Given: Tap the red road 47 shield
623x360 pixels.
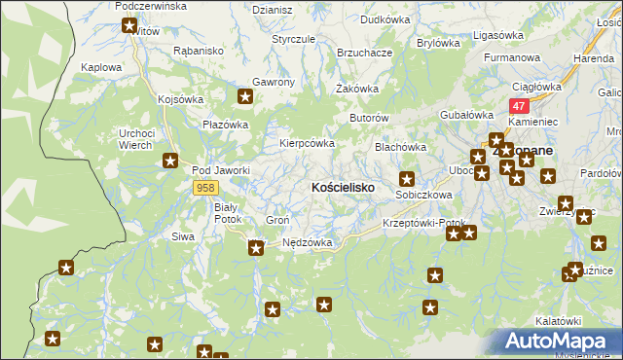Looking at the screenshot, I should (x=519, y=106).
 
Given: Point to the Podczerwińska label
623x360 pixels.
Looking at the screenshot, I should (x=150, y=6).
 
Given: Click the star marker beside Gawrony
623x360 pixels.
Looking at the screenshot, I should (x=245, y=96).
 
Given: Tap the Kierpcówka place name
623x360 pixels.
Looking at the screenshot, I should (x=308, y=143).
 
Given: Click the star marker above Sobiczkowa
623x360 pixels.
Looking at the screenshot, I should (x=407, y=179).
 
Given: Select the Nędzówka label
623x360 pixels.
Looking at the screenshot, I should (x=308, y=242).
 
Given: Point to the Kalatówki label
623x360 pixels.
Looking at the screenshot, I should (x=558, y=321).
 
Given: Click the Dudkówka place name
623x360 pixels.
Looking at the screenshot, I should (x=385, y=18).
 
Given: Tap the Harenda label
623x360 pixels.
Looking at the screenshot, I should (x=593, y=58).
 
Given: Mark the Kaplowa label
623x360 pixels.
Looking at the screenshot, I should (x=102, y=68).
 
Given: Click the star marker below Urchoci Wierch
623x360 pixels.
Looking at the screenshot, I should (x=170, y=162).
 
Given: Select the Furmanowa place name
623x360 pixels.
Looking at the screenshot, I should (x=512, y=58).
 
